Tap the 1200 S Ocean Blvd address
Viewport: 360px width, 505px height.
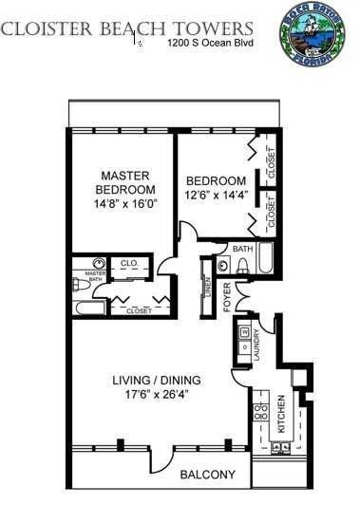point(207,44)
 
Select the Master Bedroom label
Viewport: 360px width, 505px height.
point(121,181)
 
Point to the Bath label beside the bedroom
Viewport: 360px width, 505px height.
point(242,250)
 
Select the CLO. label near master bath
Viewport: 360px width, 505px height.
point(126,263)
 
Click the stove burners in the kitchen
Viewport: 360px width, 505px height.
point(259,412)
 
